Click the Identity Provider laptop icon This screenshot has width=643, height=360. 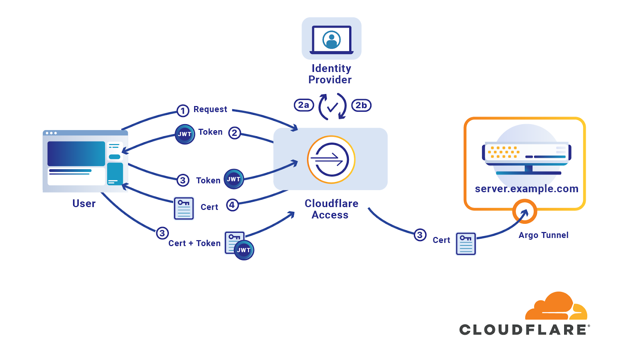(331, 39)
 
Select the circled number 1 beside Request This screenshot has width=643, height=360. (183, 111)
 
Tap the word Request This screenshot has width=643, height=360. (210, 109)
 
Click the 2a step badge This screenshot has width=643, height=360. (303, 105)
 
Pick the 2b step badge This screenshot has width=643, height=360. (361, 105)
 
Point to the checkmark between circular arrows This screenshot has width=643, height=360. (332, 107)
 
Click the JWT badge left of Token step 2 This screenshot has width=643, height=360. (185, 134)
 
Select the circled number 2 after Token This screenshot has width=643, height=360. (234, 133)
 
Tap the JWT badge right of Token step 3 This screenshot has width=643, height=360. (233, 179)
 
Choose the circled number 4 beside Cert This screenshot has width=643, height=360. (232, 205)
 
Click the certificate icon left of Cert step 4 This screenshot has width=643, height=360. (184, 208)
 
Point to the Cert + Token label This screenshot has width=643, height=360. (195, 243)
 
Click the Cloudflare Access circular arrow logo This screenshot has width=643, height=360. (331, 160)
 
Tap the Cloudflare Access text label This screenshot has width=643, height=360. (331, 209)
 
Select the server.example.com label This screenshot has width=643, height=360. (526, 189)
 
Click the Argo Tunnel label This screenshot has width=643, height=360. (543, 235)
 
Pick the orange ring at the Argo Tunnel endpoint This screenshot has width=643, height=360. (525, 211)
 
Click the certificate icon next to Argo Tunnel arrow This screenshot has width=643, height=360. (466, 243)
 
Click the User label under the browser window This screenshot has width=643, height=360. (84, 204)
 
